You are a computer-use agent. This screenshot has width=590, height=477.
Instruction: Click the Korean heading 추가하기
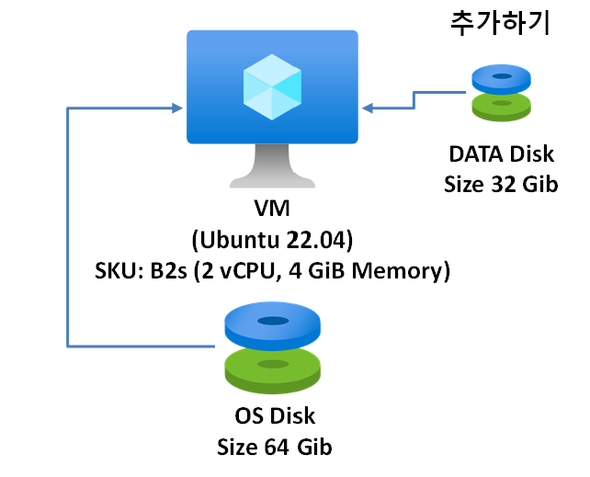tap(500, 22)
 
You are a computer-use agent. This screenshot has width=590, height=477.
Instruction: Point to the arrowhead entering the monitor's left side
tap(180, 109)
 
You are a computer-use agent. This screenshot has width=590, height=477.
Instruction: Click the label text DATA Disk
tap(502, 152)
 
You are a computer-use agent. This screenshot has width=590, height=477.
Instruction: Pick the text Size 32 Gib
tap(502, 183)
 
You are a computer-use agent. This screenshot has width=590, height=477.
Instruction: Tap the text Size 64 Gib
tap(273, 448)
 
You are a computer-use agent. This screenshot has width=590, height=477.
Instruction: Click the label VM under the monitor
tap(272, 209)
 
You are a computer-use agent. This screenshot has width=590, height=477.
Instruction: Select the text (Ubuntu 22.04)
tap(272, 240)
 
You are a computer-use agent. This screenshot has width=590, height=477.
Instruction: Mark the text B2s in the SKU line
tap(174, 271)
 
